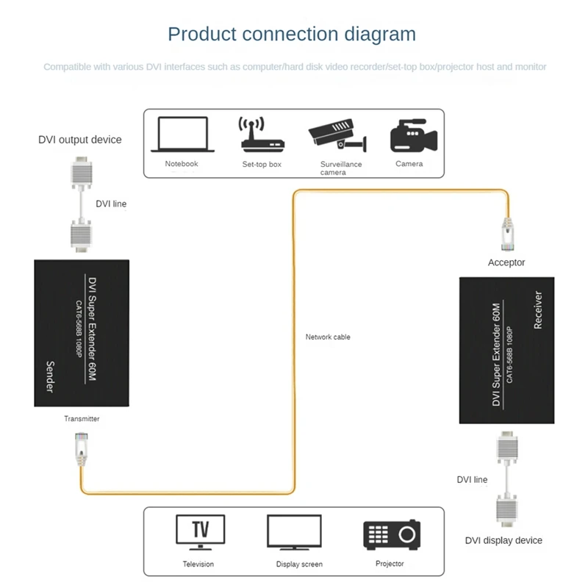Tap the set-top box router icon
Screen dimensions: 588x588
tap(261, 135)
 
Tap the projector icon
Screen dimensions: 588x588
tap(392, 536)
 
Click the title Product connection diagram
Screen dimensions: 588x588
tap(292, 34)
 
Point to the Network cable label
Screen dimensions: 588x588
tap(328, 337)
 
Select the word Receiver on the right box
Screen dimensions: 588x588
tap(537, 309)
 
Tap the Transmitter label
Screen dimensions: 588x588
tap(81, 419)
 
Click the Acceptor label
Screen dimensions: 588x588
tap(506, 262)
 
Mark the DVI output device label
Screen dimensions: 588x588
tap(80, 140)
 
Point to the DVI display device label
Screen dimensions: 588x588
tap(503, 540)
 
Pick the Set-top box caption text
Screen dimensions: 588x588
tap(262, 164)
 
